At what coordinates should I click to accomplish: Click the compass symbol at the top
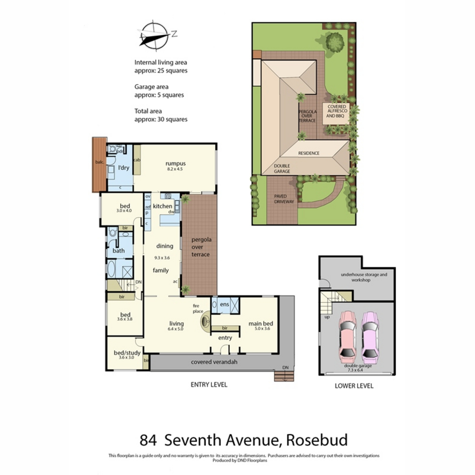click(153, 36)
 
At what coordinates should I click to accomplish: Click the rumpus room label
click(175, 163)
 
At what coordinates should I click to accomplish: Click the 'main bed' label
click(260, 323)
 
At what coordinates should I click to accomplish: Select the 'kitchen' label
click(162, 206)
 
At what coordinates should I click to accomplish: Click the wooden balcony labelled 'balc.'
click(99, 163)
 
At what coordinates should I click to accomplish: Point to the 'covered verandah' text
click(214, 362)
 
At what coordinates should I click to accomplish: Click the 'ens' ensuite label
click(224, 304)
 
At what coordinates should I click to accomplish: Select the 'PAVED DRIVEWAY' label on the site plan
click(284, 199)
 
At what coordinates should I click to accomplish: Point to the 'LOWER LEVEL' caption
click(354, 386)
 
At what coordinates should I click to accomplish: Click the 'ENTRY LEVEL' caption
click(209, 384)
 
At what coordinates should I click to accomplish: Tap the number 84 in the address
click(148, 440)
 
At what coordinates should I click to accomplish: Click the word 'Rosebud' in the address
click(317, 440)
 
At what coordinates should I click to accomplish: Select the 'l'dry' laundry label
click(124, 168)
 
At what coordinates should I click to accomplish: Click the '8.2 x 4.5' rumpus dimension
click(175, 169)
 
